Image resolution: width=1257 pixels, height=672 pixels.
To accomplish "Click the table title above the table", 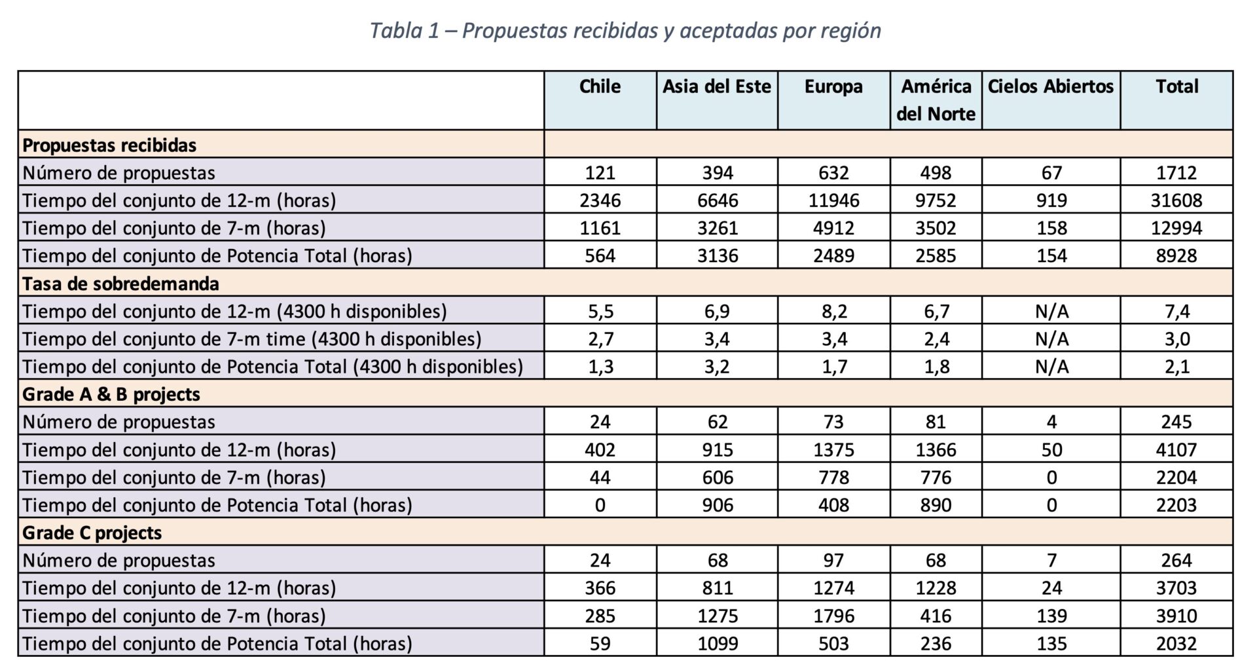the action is pos(625,31).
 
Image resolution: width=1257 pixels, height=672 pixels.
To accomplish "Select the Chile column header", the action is pos(600,86).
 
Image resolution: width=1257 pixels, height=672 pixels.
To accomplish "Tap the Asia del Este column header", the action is pos(717,86).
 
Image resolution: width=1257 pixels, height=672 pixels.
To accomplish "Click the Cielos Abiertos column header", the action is pos(1051,86).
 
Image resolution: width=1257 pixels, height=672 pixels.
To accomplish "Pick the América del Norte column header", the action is pos(936,100).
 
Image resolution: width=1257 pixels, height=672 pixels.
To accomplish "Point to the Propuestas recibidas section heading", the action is pos(109,145).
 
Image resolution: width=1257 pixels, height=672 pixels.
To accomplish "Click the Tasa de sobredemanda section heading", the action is pos(120,284).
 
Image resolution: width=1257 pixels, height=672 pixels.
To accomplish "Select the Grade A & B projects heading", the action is pos(111,394).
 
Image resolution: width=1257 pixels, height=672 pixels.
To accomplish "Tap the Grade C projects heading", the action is pos(92,532).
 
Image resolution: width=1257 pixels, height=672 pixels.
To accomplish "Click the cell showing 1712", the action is pos(1176,173).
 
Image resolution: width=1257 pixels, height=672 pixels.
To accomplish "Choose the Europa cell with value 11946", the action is pos(833,200).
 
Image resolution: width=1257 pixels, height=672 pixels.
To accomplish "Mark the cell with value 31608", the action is pos(1176,200).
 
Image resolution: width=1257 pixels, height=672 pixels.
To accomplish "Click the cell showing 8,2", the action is pos(833,311).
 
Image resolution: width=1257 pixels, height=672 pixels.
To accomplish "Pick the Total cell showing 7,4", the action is pos(1176,311).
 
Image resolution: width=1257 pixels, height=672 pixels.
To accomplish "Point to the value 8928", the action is pos(1176,255).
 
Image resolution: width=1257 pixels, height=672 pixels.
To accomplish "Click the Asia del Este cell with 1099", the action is pos(717,643).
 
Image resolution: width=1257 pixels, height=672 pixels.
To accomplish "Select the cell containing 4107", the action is pos(1176,449).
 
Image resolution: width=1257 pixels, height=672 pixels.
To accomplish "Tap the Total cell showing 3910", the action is pos(1176,616).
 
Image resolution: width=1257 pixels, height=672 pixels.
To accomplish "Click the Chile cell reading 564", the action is pos(600,255).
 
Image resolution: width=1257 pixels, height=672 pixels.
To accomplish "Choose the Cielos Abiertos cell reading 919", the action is pos(1051,200).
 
